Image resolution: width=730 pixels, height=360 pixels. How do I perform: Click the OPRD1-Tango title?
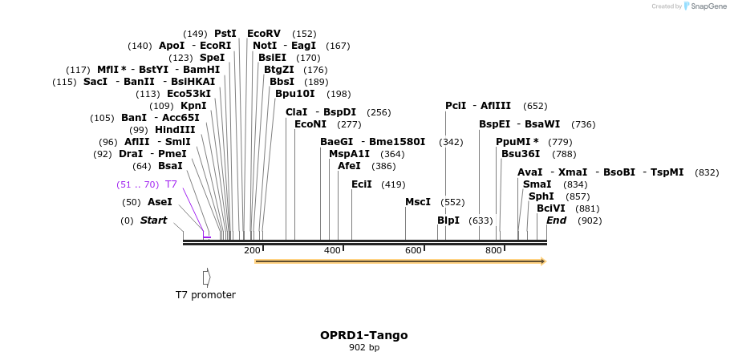pos(364,334)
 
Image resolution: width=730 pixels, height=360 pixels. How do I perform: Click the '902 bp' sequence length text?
pos(364,347)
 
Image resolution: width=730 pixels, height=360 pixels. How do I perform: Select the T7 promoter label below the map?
pos(205,295)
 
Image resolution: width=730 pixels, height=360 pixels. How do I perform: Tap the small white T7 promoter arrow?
pos(206,277)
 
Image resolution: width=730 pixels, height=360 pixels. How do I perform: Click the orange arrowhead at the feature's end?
pos(542,261)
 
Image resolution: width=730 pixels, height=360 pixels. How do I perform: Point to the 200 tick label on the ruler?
pos(252,251)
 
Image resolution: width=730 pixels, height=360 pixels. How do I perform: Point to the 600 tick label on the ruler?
pos(413,251)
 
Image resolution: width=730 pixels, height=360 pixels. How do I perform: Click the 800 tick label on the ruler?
pos(493,251)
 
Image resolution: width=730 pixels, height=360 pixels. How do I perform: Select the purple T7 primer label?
pos(172,184)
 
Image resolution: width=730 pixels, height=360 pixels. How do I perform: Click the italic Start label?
pos(153,220)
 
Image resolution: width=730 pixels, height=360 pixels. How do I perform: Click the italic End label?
pos(556,220)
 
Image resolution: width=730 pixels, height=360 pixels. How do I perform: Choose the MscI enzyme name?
pos(418,202)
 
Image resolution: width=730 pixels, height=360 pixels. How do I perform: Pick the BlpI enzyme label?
pos(448,220)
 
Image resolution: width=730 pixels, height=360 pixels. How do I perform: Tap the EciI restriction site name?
pos(362,184)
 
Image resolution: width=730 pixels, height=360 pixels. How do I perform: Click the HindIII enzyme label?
pos(175,130)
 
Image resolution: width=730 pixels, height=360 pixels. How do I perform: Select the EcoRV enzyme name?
pos(264,34)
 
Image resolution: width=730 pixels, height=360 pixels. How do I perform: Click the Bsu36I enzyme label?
pos(521,154)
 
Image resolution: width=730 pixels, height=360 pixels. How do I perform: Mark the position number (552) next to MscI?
pos(453,203)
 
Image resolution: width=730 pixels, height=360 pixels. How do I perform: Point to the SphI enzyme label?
pos(541,196)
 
